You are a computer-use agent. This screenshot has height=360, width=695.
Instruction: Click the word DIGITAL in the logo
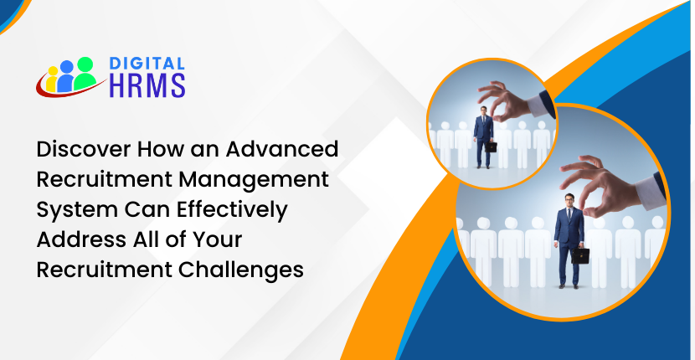(x=147, y=64)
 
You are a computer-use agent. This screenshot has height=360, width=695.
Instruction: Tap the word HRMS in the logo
(x=147, y=85)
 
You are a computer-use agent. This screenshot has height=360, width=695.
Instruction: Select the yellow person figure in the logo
(x=52, y=80)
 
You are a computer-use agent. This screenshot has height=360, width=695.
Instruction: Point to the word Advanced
(x=282, y=149)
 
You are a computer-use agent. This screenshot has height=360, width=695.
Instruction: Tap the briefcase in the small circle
(x=491, y=147)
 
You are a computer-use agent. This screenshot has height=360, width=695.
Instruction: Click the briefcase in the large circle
(x=579, y=255)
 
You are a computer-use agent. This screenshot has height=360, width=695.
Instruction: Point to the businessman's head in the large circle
(x=569, y=201)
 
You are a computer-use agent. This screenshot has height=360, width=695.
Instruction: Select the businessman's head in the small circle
(x=484, y=111)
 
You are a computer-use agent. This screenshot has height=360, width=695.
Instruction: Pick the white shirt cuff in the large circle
(x=650, y=191)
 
